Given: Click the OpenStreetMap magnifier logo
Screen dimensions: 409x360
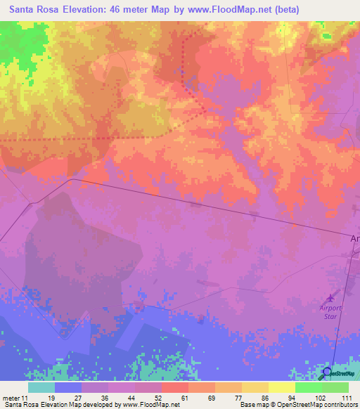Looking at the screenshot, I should point(326,373).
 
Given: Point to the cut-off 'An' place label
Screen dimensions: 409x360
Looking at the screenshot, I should point(354,239).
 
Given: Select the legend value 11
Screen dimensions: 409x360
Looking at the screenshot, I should point(26,398).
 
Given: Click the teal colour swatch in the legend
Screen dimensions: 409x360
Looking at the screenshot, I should point(41,387).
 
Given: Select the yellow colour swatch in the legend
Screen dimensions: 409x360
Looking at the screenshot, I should point(282,387).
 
